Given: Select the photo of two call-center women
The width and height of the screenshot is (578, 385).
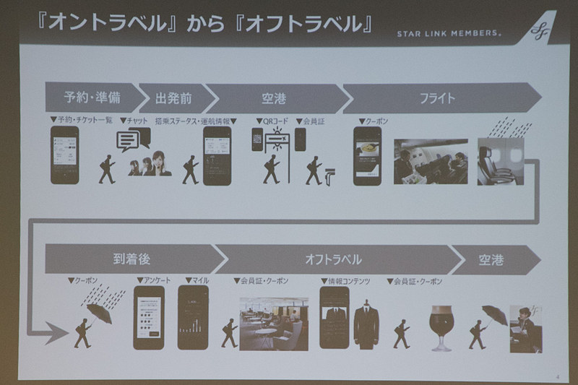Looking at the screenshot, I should [x=150, y=164].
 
